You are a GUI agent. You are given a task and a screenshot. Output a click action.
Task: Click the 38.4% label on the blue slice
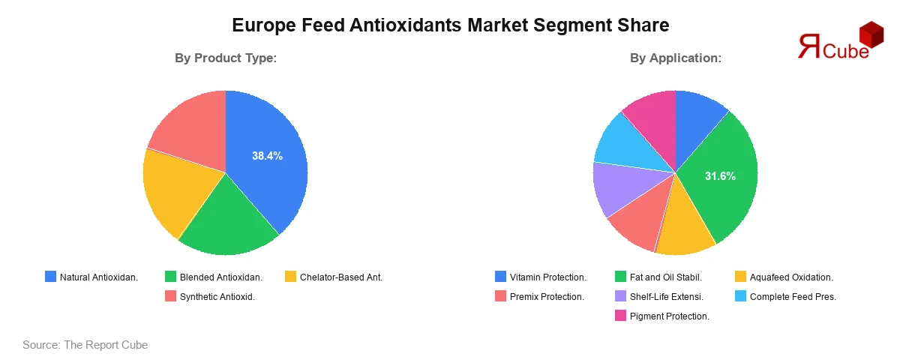[267, 156]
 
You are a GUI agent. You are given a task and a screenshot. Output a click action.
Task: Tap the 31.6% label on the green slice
[720, 176]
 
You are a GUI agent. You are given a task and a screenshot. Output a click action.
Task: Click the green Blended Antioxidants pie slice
[227, 221]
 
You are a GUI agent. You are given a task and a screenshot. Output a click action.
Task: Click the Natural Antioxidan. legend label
[99, 277]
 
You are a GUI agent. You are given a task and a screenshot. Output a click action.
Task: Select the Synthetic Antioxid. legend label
[217, 297]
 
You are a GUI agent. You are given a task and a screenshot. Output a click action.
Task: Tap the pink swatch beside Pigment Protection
[620, 316]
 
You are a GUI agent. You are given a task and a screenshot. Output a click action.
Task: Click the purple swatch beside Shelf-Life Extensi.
[620, 296]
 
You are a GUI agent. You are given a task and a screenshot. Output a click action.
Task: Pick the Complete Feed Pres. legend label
[793, 297]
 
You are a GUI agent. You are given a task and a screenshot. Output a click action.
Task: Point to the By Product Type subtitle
[226, 58]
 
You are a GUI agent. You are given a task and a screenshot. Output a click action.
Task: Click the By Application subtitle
[676, 58]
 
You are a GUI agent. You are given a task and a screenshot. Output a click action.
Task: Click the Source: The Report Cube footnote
[85, 345]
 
